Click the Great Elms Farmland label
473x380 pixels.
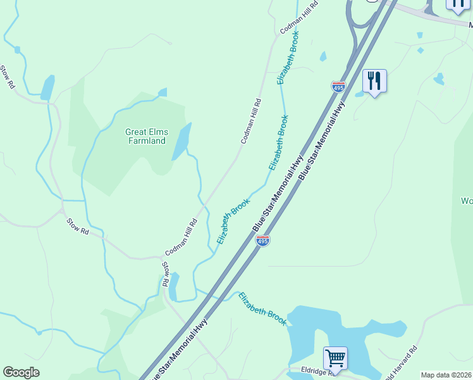[x=147, y=136]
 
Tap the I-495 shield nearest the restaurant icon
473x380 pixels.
[x=338, y=87]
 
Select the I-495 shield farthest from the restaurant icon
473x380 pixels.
[x=263, y=241]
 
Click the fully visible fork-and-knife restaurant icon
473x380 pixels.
[x=374, y=81]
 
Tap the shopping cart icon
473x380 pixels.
[x=335, y=358]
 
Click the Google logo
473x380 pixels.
[x=21, y=372]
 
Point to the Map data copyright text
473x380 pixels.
[x=446, y=375]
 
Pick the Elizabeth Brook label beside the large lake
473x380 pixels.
[x=262, y=308]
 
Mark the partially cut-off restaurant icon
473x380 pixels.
[x=458, y=5]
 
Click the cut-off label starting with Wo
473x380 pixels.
[x=467, y=201]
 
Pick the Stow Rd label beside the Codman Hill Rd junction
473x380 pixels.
[x=166, y=274]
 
